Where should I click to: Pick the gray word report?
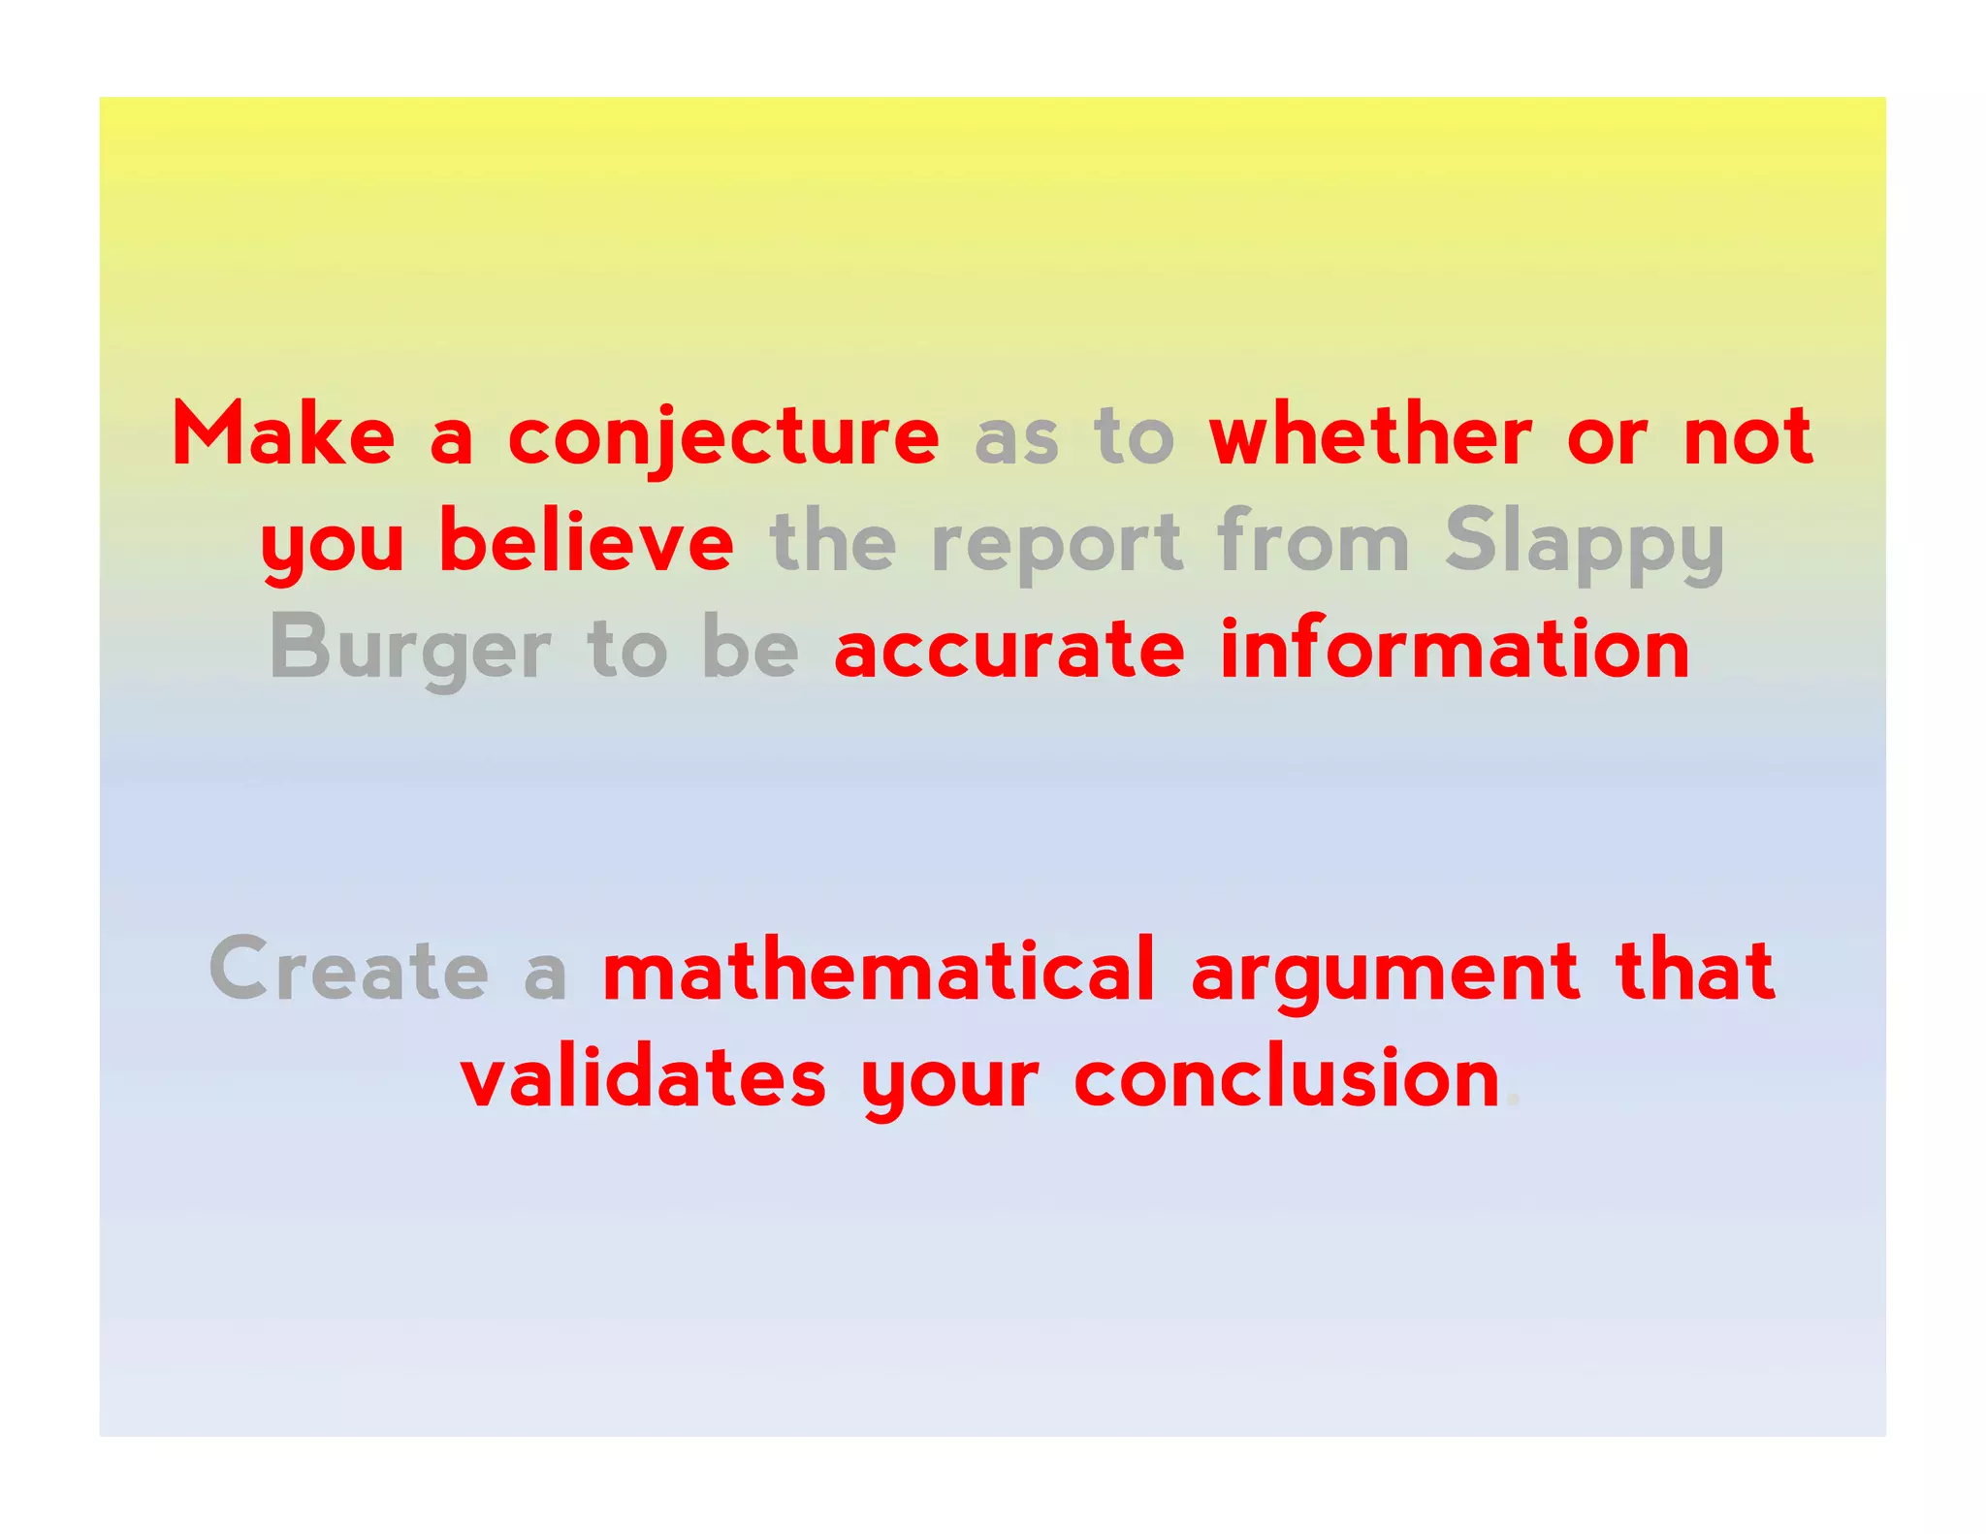(x=1057, y=543)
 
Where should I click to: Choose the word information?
(x=1455, y=648)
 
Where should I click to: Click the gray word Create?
(x=349, y=970)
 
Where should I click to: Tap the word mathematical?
(x=879, y=970)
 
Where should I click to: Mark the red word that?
(x=1695, y=970)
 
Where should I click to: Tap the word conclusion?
(x=1288, y=1078)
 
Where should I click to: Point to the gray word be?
(x=751, y=648)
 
